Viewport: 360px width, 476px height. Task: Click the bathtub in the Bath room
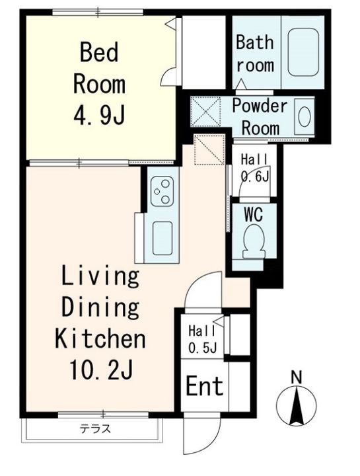(303, 52)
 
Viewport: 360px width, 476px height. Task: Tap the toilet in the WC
(254, 242)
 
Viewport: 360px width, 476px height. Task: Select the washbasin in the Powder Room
(305, 117)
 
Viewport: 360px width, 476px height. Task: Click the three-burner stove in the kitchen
(162, 191)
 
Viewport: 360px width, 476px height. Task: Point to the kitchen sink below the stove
(162, 238)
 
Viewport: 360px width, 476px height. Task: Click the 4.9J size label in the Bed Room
(99, 115)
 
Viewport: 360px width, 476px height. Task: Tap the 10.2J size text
(101, 369)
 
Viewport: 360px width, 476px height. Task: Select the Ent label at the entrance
(204, 385)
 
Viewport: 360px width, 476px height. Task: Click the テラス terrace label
(95, 429)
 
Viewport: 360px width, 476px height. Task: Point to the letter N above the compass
(297, 377)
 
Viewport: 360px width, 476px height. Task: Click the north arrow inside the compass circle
(297, 406)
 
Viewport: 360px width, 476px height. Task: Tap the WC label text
(254, 215)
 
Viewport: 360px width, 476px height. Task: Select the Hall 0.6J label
(255, 168)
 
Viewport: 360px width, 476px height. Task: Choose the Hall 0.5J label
(202, 339)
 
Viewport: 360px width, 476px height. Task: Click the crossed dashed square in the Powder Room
(206, 111)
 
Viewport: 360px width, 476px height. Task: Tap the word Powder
(260, 105)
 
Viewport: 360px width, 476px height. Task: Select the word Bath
(255, 42)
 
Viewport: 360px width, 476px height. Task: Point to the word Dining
(100, 307)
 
